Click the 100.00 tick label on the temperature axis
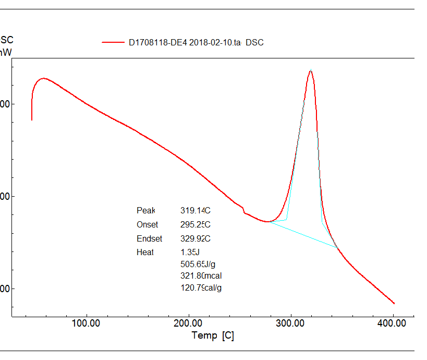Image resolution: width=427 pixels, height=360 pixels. (86, 323)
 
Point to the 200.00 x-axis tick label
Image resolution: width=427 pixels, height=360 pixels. (188, 323)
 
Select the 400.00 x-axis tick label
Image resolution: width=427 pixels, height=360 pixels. (392, 323)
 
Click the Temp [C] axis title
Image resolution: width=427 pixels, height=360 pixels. (213, 335)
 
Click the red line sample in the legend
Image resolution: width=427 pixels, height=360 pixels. (112, 43)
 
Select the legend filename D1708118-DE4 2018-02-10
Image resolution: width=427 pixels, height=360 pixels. (185, 43)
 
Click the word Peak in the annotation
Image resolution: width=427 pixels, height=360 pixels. (146, 211)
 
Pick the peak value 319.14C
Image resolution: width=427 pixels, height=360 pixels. (195, 211)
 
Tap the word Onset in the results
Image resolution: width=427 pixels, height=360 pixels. (148, 225)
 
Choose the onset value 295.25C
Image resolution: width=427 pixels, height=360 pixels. (195, 225)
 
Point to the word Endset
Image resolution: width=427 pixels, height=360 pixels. (150, 239)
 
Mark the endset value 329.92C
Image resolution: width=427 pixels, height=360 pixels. (195, 239)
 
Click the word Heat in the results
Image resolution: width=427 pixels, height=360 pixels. (145, 253)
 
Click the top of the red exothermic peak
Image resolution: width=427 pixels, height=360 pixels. (311, 71)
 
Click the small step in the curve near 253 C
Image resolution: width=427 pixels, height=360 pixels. (243, 210)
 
